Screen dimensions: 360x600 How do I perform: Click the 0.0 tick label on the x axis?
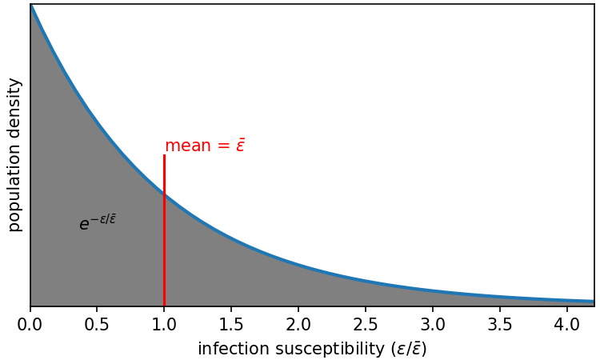click(30, 326)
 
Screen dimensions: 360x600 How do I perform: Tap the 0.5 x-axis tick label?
click(97, 326)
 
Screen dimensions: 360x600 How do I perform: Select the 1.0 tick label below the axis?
click(164, 326)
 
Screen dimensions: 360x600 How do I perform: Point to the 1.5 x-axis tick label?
click(231, 326)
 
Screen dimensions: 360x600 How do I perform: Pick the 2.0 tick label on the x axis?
click(298, 326)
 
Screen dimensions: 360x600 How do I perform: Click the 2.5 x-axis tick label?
click(366, 326)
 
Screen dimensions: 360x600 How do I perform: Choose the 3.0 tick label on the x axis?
click(433, 326)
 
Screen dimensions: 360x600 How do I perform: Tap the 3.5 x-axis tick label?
click(500, 326)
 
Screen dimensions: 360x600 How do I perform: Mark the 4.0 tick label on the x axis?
click(567, 326)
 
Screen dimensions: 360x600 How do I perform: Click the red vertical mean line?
click(164, 240)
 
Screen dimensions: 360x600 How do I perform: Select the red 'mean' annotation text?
click(205, 146)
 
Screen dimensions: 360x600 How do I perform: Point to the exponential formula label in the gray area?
click(98, 222)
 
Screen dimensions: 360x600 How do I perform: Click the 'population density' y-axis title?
click(14, 154)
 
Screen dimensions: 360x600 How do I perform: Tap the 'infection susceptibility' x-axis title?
click(312, 349)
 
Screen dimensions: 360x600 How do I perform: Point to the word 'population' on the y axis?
click(14, 190)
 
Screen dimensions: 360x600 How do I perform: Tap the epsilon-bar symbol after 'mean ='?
click(240, 146)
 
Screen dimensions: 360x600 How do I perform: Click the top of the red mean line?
click(164, 156)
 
